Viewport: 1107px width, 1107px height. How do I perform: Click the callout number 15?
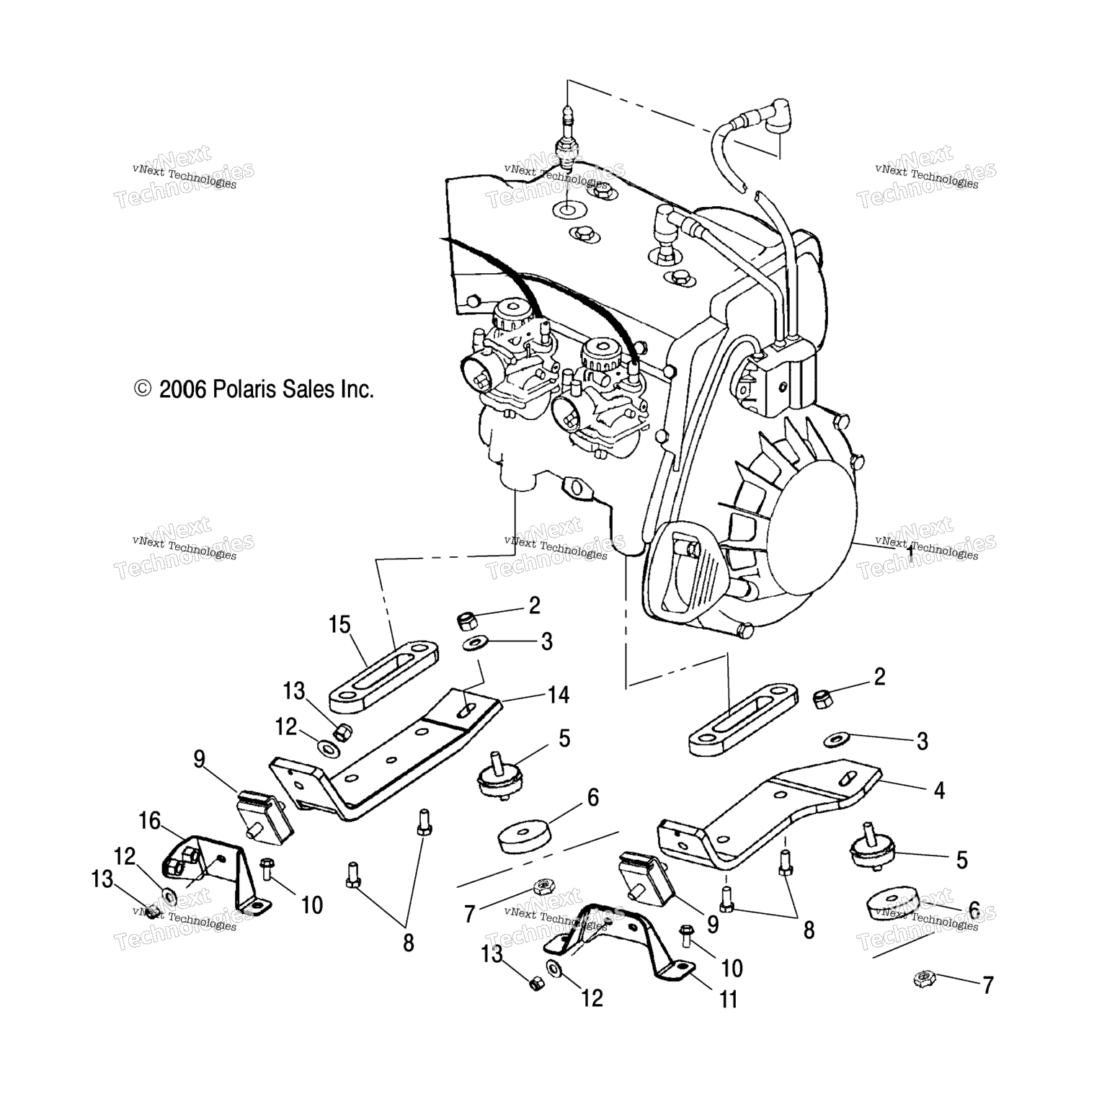(x=340, y=624)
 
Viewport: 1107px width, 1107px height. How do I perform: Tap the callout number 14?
(x=558, y=695)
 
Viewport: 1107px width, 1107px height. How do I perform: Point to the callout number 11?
(x=729, y=1000)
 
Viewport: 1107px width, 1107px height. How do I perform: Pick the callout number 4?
(x=939, y=790)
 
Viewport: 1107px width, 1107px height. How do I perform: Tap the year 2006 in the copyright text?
(x=182, y=390)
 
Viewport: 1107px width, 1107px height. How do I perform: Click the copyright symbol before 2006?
(x=143, y=389)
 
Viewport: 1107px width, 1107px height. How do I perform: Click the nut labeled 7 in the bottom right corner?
(x=923, y=979)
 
